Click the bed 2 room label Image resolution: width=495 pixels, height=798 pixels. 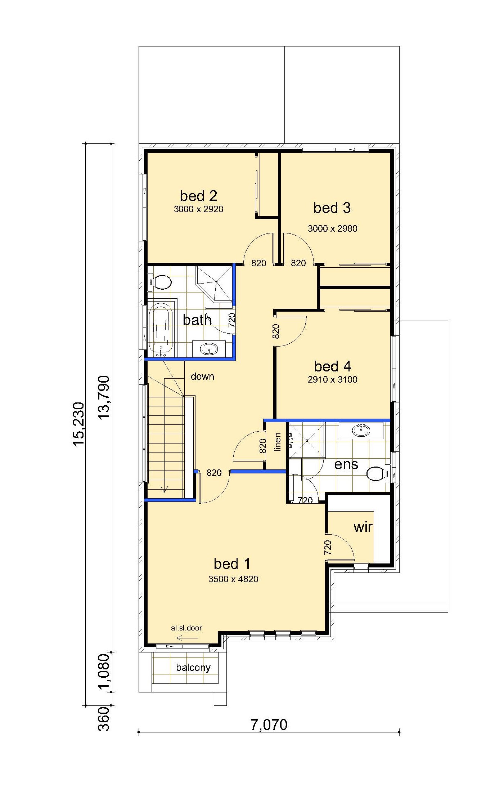click(198, 196)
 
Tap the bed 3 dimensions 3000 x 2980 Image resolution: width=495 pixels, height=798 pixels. click(332, 228)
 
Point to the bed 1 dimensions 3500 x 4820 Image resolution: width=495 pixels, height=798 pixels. click(233, 579)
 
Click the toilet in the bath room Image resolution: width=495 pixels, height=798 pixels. click(160, 282)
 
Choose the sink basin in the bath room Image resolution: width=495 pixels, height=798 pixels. click(209, 349)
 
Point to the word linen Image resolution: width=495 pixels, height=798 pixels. click(277, 442)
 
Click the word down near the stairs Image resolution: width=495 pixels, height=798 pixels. click(202, 376)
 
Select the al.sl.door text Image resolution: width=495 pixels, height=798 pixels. click(186, 628)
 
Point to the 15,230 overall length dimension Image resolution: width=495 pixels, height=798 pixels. click(79, 424)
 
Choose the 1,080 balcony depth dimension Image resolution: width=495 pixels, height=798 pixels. click(104, 672)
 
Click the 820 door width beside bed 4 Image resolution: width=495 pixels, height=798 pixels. click(276, 331)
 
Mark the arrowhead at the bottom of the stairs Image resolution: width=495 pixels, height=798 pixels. click(165, 489)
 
